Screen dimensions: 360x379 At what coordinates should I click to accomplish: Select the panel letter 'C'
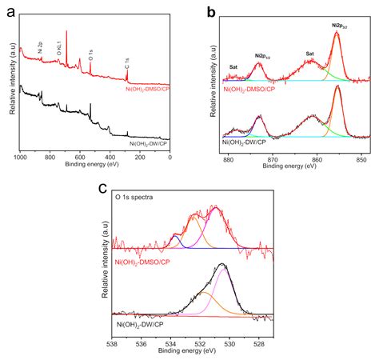[x=103, y=189]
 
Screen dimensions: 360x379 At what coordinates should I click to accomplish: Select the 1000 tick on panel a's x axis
[x=21, y=158]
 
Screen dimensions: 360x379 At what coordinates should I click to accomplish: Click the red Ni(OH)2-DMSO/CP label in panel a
[x=147, y=90]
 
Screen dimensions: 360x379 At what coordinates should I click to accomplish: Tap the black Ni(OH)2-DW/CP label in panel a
[x=148, y=143]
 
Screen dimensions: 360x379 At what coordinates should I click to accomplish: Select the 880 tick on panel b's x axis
[x=229, y=158]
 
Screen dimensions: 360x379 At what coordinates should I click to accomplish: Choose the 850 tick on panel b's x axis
[x=361, y=158]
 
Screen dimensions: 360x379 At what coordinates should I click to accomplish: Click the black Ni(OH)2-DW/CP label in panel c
[x=141, y=324]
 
